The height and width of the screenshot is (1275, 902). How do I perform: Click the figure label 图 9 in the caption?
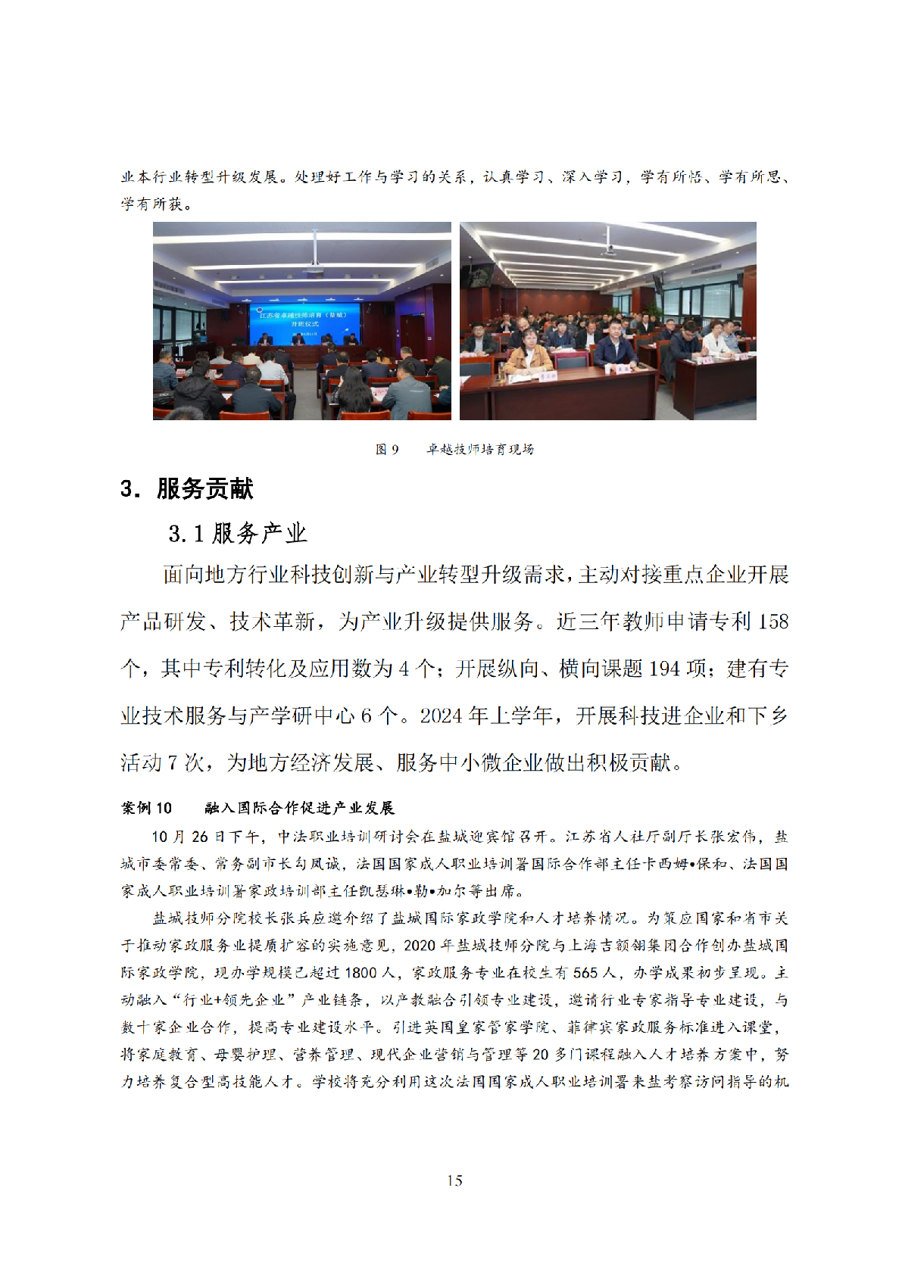(387, 450)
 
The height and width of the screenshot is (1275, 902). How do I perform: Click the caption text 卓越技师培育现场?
(480, 450)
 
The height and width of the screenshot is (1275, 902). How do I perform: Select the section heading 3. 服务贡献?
(186, 489)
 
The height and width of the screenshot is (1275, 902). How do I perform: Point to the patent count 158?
(772, 622)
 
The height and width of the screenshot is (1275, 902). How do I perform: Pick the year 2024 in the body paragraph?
(441, 716)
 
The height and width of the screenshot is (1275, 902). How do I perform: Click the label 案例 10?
(147, 809)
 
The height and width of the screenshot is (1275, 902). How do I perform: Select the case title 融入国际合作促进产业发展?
(299, 809)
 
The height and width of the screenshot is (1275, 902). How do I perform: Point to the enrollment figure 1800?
(360, 973)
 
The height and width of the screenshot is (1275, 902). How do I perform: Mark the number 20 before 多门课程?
(540, 1055)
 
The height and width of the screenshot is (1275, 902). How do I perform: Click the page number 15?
(454, 1180)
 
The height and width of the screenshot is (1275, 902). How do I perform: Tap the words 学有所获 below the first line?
(151, 204)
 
